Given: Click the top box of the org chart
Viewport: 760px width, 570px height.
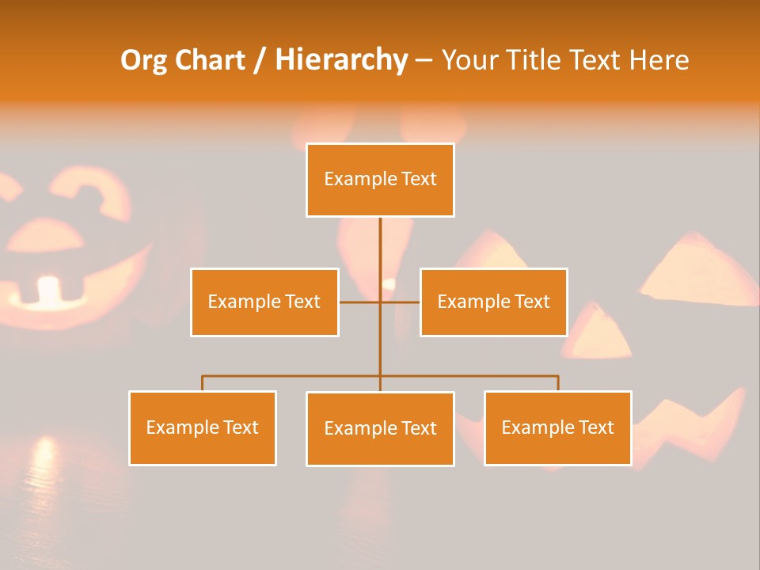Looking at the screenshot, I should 380,180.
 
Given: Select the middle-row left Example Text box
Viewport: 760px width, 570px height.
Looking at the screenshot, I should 264,302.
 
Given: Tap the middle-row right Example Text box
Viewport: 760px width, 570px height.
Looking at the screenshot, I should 493,302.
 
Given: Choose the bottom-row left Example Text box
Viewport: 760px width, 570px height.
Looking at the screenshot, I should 203,427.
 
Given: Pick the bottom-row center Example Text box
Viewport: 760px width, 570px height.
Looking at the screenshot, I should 380,428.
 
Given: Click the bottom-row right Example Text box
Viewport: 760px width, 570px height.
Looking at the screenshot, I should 557,427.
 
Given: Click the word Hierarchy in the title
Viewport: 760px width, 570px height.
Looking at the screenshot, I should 341,60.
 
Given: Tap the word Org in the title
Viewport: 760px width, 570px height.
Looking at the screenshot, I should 143,60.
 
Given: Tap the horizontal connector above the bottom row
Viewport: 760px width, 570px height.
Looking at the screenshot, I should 293,376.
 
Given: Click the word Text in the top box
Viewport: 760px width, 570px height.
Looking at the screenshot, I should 419,180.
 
